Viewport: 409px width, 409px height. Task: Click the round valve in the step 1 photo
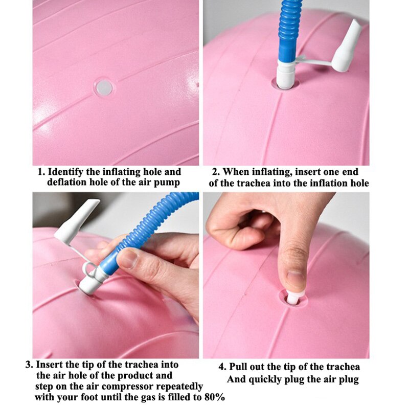[104, 87]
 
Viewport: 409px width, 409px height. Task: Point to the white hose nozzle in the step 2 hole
[286, 74]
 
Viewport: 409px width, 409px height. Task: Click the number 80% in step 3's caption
[214, 398]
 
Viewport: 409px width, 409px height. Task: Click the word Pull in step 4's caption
[238, 367]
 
